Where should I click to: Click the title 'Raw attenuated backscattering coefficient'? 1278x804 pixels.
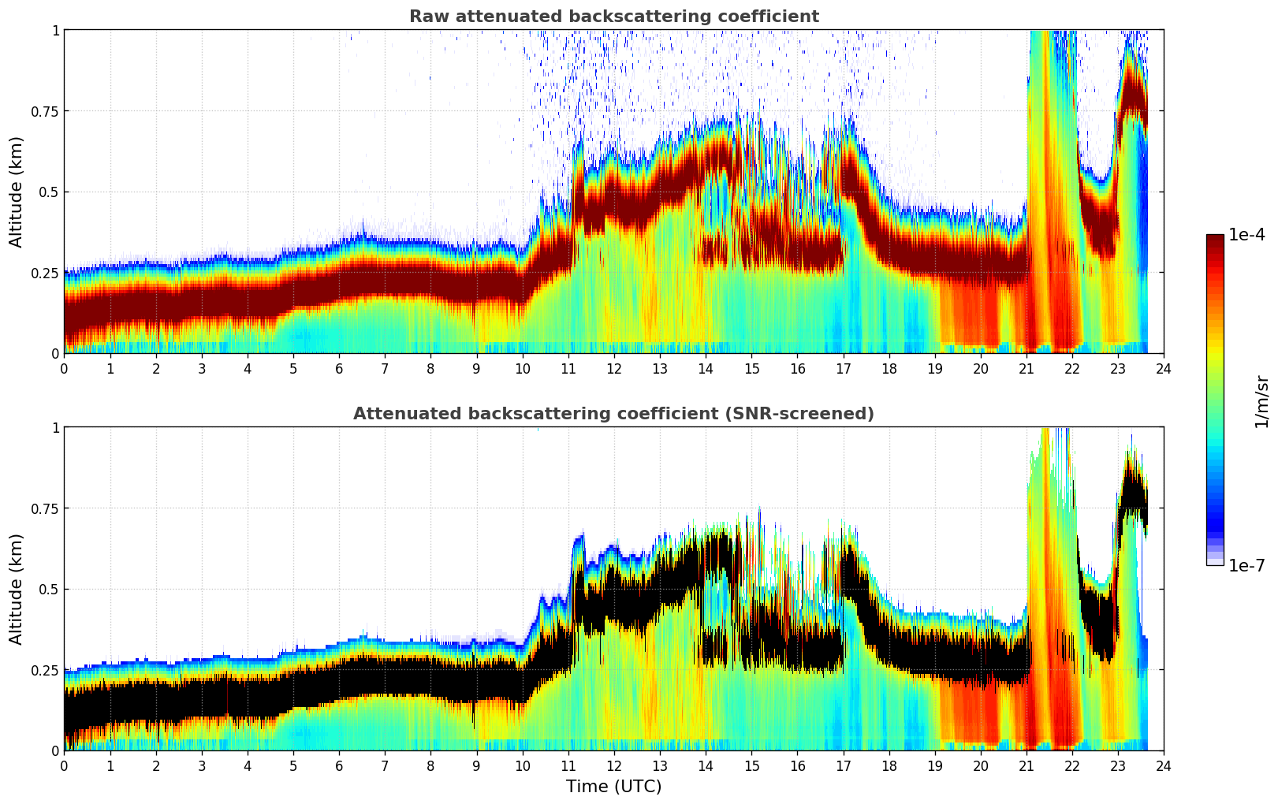click(x=613, y=17)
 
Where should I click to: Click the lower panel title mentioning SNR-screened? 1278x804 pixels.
click(x=613, y=414)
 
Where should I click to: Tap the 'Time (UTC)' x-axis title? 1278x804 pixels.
click(x=613, y=787)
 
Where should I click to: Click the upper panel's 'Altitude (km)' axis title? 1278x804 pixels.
click(x=17, y=192)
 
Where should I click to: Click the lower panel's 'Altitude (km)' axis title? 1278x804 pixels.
click(x=17, y=589)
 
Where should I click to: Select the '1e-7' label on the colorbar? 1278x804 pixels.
click(x=1246, y=566)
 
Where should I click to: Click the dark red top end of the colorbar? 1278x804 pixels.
click(x=1214, y=238)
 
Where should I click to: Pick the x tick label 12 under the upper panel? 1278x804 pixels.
click(x=613, y=368)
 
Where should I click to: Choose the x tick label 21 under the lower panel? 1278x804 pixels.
click(x=1026, y=765)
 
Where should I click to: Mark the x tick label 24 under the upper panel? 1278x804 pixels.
click(x=1163, y=368)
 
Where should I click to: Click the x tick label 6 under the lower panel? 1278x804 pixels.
click(x=339, y=765)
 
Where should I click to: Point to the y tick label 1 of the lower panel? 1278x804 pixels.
click(x=55, y=427)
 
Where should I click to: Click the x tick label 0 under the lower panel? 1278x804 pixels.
click(x=64, y=765)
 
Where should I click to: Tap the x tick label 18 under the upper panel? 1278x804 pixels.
click(x=889, y=368)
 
